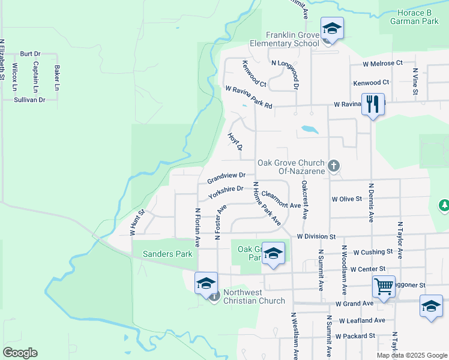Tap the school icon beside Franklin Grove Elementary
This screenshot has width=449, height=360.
[x=331, y=29]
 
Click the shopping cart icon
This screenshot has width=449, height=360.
[x=383, y=287]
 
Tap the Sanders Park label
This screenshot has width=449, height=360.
[x=167, y=254]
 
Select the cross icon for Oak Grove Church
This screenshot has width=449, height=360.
[x=334, y=165]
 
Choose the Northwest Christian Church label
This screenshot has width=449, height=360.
[x=254, y=296]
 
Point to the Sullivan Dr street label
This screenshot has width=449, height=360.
[x=29, y=100]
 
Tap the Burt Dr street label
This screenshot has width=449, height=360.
[x=30, y=53]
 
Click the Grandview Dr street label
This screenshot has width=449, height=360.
[x=226, y=177]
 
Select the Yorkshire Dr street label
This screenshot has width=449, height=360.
[x=225, y=192]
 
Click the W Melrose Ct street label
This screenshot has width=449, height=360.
[x=382, y=63]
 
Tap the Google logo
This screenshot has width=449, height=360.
[x=20, y=353]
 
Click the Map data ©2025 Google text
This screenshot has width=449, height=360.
[x=412, y=355]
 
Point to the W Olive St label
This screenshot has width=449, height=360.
[x=347, y=199]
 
